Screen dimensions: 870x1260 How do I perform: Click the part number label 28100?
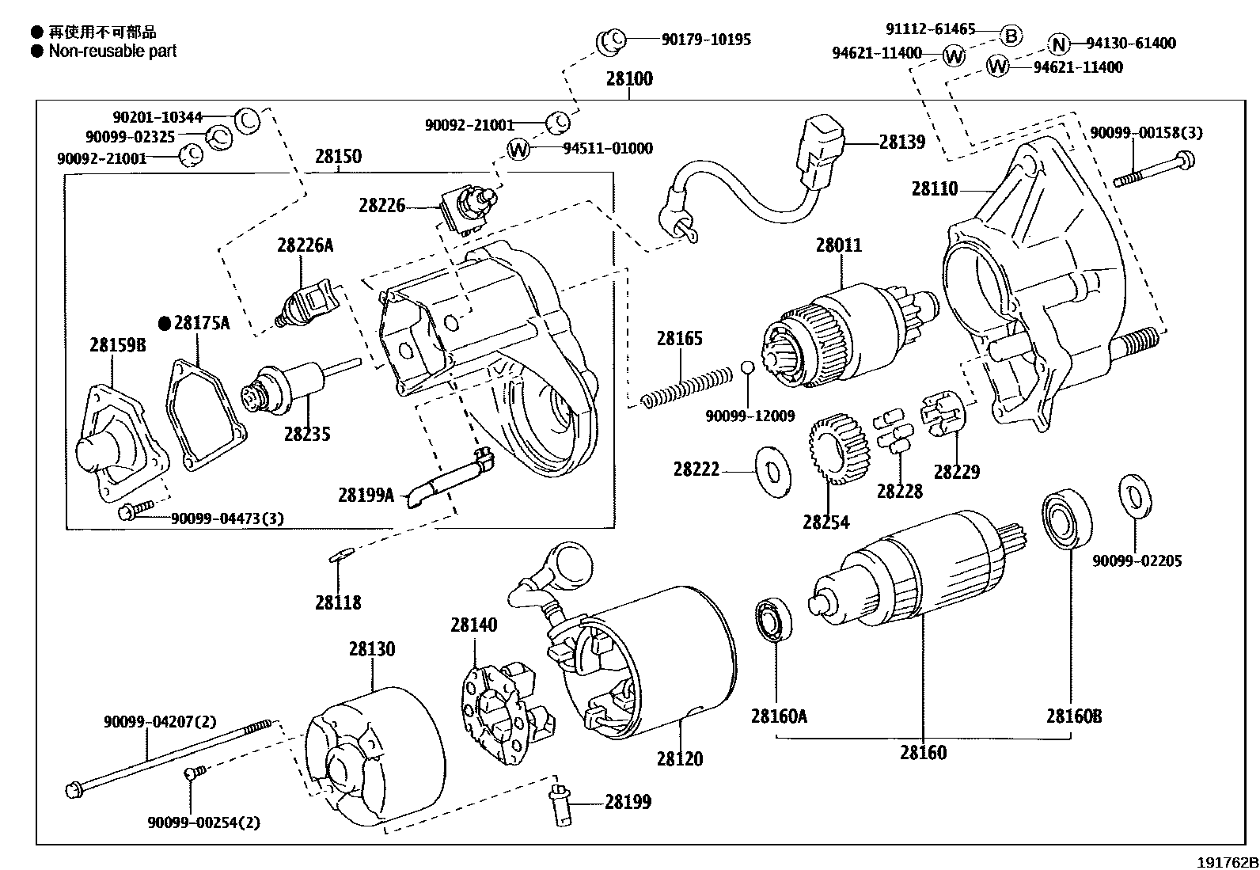tap(629, 79)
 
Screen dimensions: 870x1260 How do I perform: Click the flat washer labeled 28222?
tap(773, 472)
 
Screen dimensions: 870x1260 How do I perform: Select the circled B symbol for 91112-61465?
tap(1011, 36)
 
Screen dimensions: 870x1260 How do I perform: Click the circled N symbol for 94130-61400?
tap(1059, 44)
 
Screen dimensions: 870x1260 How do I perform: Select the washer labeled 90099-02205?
tap(1136, 496)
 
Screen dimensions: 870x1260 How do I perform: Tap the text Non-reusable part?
tap(112, 51)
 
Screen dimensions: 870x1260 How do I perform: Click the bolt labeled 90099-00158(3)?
tap(1154, 170)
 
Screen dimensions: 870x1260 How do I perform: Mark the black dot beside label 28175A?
tap(165, 323)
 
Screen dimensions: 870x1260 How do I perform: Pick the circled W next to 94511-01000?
tap(518, 149)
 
